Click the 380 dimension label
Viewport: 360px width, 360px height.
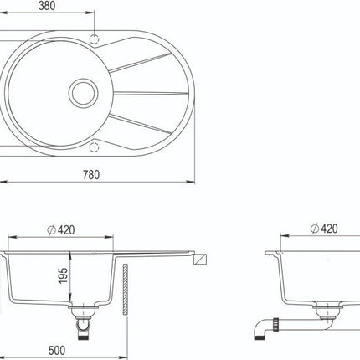[47, 6]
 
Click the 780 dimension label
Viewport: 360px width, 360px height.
[91, 175]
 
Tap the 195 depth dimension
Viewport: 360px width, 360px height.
[64, 275]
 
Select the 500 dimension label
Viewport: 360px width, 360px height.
[57, 351]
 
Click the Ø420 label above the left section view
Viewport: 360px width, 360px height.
[61, 230]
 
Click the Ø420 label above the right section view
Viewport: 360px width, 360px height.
[324, 229]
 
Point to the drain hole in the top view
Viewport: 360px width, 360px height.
[84, 93]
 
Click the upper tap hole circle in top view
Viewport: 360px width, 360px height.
[95, 39]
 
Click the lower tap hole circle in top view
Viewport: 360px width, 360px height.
[95, 147]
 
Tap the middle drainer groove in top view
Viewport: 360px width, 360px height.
[151, 93]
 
